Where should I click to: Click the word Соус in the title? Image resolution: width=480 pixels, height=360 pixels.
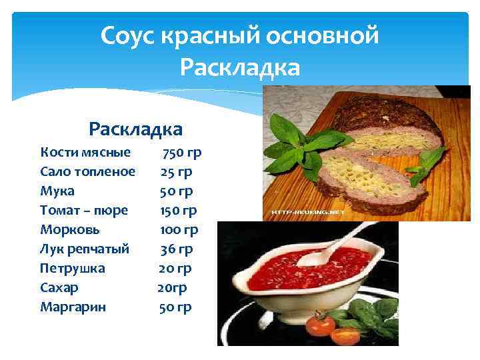coord(127,35)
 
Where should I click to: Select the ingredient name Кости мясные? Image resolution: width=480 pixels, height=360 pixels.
coord(85,153)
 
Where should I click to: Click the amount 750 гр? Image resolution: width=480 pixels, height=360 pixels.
coord(181,153)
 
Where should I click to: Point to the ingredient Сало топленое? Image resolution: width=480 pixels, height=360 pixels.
coord(87,172)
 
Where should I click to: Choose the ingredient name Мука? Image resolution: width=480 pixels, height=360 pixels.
coord(57,191)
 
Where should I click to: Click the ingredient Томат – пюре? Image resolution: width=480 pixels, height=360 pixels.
coord(84,211)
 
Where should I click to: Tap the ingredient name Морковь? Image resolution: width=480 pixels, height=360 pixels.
coord(70,230)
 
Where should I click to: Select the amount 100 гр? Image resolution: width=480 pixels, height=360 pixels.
coord(179,230)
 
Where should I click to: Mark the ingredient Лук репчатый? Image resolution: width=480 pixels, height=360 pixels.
coord(85,249)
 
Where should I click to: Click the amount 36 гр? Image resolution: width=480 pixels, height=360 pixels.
coord(177,249)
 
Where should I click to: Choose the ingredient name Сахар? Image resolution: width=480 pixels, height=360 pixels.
coord(59,288)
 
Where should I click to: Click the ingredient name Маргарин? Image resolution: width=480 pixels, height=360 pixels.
coord(73,307)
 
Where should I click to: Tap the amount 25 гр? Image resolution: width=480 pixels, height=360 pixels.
coord(177,172)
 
